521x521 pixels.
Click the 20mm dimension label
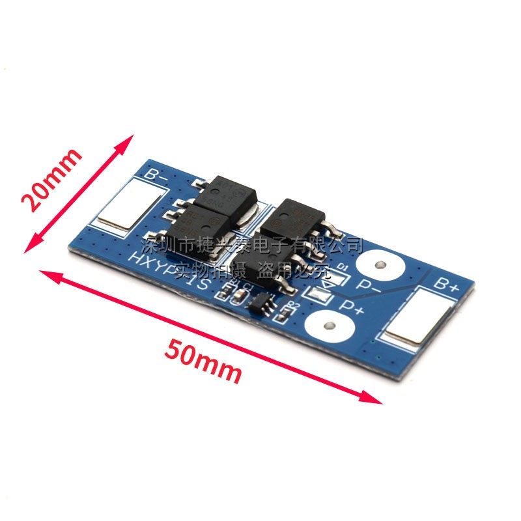pyautogui.click(x=52, y=178)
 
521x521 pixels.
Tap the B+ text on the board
pyautogui.click(x=447, y=285)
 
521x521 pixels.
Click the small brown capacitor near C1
pyautogui.click(x=239, y=295)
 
